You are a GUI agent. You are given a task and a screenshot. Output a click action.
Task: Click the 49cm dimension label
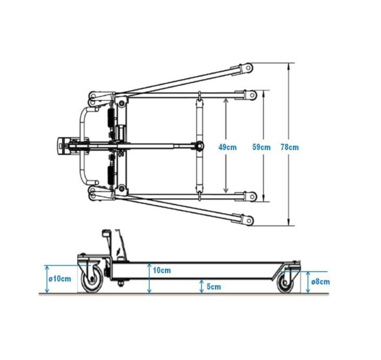point(227,147)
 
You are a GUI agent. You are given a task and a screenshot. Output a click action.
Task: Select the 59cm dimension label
point(261,147)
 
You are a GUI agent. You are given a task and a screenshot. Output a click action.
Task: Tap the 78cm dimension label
point(290,147)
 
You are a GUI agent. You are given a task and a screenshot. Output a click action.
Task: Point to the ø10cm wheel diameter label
point(60,279)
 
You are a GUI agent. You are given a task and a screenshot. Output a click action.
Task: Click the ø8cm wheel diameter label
point(320,282)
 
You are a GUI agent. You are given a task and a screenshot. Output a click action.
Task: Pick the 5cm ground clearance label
point(214,287)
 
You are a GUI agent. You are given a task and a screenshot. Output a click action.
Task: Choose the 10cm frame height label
point(162,270)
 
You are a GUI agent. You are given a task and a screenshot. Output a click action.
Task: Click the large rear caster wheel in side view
point(92,279)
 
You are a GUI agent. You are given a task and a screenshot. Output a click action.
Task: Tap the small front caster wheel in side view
point(285,282)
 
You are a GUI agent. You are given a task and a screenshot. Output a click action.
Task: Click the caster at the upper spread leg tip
point(248,68)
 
